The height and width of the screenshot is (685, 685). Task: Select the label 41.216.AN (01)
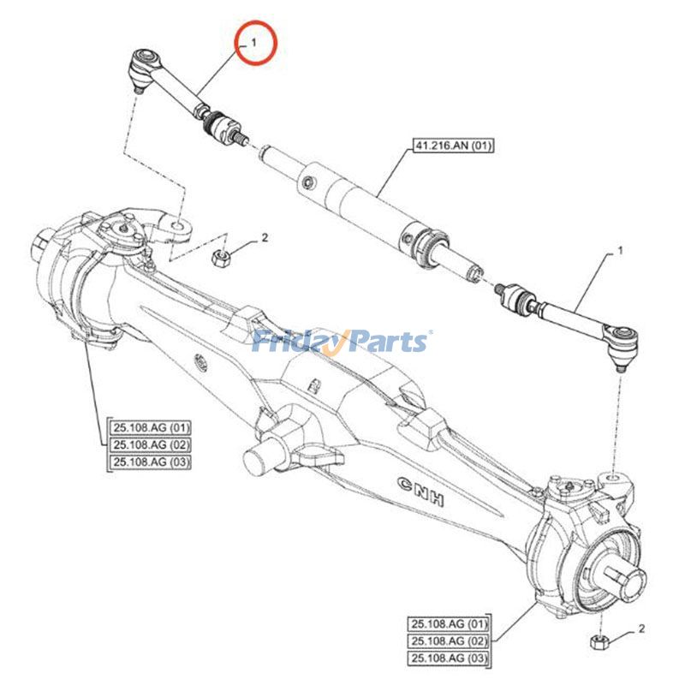[454, 146]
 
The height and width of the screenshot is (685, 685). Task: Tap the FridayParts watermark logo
[342, 342]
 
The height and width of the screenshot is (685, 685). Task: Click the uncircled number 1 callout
[620, 252]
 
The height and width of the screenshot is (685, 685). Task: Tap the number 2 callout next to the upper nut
[265, 237]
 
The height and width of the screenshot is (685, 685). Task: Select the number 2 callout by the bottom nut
[640, 631]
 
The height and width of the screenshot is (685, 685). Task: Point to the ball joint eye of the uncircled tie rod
[622, 331]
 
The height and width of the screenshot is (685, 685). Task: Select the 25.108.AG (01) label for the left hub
[151, 426]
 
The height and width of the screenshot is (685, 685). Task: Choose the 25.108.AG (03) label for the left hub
[151, 462]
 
